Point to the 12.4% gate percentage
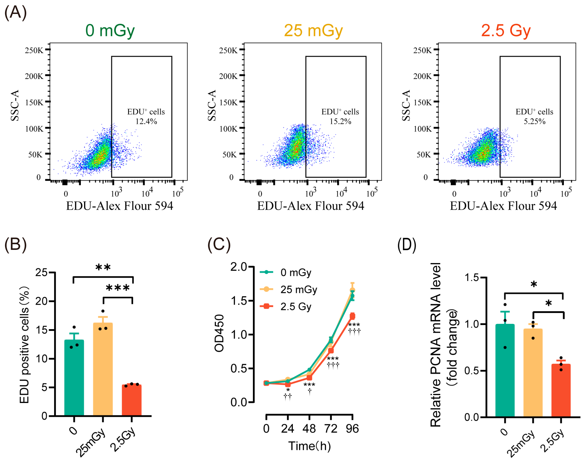146,121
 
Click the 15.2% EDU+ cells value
340,121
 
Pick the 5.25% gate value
534,121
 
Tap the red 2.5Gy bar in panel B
132,401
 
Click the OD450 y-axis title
219,333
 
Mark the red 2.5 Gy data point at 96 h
352,316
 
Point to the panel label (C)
219,245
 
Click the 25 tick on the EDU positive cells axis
41,272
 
